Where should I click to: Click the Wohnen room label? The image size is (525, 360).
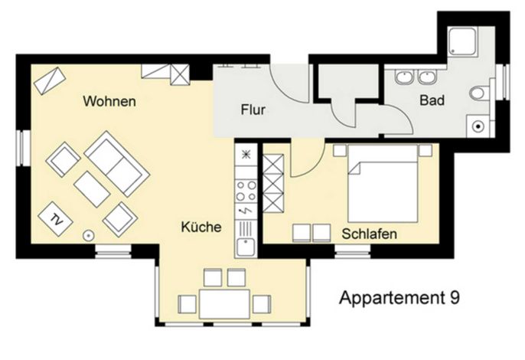(x=109, y=101)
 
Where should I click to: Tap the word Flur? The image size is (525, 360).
(x=253, y=110)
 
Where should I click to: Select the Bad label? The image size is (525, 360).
(x=432, y=100)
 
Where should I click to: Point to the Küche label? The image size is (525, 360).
(x=201, y=227)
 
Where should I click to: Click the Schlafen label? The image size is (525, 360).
(x=370, y=234)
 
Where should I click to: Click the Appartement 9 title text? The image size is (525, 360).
(x=399, y=298)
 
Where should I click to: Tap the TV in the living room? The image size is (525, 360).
(x=56, y=219)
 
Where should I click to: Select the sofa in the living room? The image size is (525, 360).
(x=117, y=164)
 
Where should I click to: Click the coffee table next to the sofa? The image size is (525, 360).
(x=92, y=189)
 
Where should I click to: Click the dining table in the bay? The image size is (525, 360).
(x=224, y=304)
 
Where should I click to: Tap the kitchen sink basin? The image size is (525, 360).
(x=246, y=247)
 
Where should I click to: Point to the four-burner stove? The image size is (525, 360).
(x=246, y=191)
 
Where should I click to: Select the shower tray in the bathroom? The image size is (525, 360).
(x=462, y=41)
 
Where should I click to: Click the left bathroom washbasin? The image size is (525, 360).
(x=404, y=77)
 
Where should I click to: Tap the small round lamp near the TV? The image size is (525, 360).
(x=88, y=236)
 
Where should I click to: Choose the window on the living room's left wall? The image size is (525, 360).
(x=23, y=148)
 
